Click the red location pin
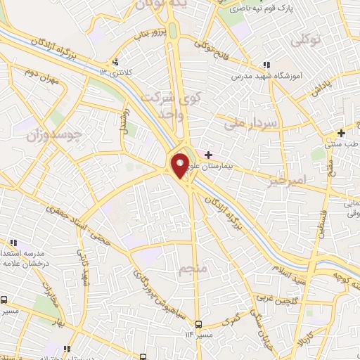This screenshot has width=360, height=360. pos(180,165)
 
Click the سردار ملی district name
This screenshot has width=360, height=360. pos(252,123)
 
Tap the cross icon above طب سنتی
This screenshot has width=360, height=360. pos(341,133)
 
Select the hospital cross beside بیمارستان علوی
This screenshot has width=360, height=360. pos(208,154)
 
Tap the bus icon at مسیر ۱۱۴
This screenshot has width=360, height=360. pos(199,324)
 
